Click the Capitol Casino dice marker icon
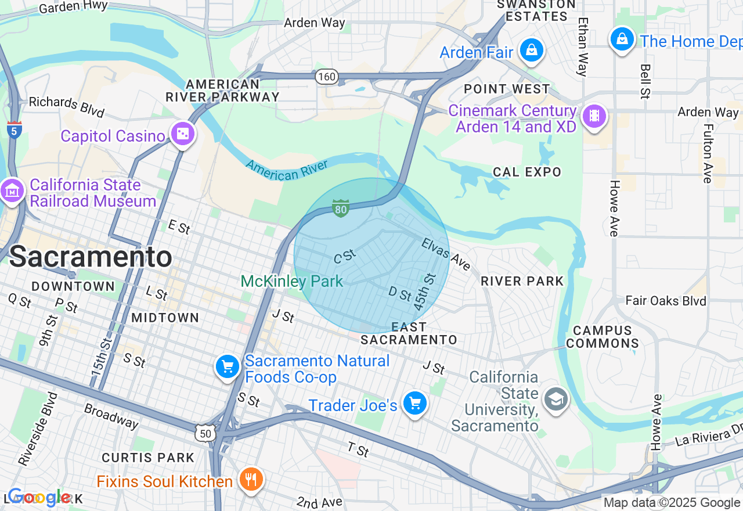(x=183, y=135)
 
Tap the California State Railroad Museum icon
(x=12, y=191)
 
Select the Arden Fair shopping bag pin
(x=531, y=51)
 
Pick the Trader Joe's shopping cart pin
(x=414, y=403)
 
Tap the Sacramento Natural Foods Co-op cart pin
(x=228, y=367)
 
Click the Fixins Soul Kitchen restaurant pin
(x=251, y=480)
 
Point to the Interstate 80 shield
(x=341, y=208)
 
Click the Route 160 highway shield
(x=327, y=76)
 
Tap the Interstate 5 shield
(x=15, y=130)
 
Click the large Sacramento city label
(x=91, y=257)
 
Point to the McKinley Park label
(x=291, y=282)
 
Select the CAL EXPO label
(x=527, y=172)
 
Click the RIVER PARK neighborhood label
(x=522, y=281)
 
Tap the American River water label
(x=287, y=169)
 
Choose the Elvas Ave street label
(x=446, y=254)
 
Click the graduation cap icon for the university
(x=556, y=399)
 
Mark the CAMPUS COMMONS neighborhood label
(x=603, y=337)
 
